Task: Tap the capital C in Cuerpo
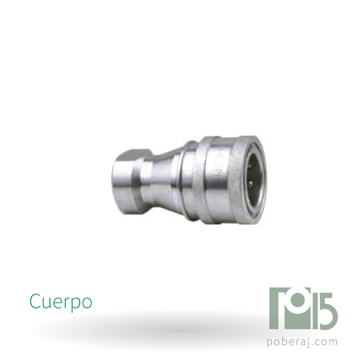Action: point(34,301)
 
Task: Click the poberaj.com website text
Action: point(302,342)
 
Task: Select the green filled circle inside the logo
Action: point(298,300)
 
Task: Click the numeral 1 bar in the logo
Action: point(315,311)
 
